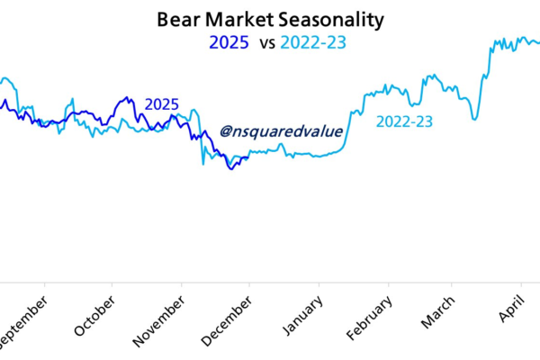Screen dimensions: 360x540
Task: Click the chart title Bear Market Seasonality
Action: point(269,19)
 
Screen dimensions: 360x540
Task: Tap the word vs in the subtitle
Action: point(266,42)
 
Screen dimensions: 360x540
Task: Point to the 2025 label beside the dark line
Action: point(162,105)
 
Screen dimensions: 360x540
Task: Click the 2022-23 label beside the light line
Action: point(404,121)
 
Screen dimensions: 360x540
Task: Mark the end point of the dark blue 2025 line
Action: point(248,157)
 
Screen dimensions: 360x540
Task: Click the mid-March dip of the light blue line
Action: point(472,118)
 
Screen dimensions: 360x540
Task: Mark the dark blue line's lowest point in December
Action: point(231,167)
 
